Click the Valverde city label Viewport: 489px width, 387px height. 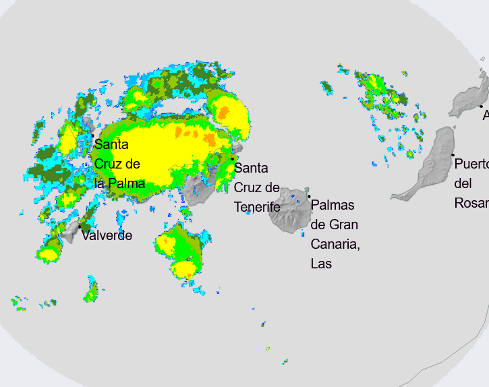tap(107, 235)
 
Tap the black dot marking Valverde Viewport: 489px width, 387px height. tap(80, 227)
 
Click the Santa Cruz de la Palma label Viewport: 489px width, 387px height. tap(119, 164)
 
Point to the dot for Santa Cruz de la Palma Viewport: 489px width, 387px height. tap(92, 136)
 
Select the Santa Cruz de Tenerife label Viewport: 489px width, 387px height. tap(257, 187)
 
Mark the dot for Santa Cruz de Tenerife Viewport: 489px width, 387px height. tap(233, 159)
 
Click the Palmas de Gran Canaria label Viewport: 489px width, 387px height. tap(335, 234)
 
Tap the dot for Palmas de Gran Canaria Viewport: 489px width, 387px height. tap(310, 197)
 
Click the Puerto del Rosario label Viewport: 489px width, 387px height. tap(471, 183)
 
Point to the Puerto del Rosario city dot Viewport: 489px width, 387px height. tap(453, 155)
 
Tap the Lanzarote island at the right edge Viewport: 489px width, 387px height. tap(471, 98)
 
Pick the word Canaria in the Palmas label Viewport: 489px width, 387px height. tap(335, 243)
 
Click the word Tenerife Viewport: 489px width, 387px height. tap(257, 207)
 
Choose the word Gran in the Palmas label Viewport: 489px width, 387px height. tap(343, 225)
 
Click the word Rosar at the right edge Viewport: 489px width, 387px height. tap(471, 203)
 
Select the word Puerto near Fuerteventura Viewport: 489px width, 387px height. tap(471, 164)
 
